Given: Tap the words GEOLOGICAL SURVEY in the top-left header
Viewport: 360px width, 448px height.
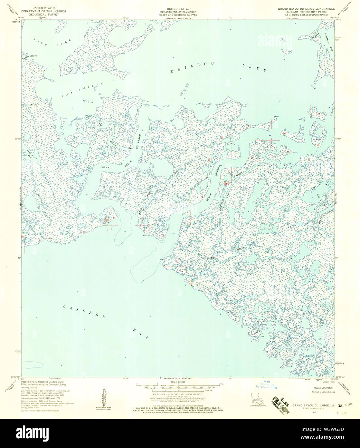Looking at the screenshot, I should coord(44,14).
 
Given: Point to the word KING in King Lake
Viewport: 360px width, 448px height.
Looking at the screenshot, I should coord(39,40).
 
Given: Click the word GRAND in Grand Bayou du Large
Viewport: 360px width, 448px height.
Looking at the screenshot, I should coord(107,168).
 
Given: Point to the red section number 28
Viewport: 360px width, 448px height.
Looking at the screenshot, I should coord(221,138).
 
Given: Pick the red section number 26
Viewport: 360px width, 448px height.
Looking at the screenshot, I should coord(284,133).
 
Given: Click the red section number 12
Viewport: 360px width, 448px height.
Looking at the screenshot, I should coord(84,231).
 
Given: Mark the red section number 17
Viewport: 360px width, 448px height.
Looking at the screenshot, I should coord(181,272).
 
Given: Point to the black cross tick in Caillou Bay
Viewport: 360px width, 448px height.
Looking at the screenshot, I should coord(126,258).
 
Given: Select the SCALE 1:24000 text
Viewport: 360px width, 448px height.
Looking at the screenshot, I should coord(178,382).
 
